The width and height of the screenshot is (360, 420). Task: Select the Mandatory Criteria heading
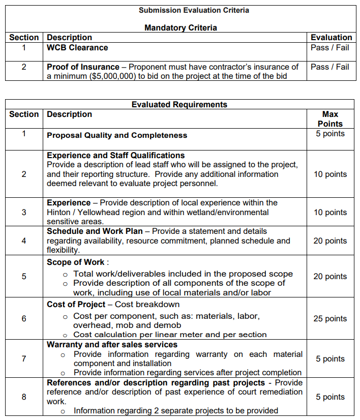(x=181, y=27)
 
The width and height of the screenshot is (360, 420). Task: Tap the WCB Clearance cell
(x=77, y=48)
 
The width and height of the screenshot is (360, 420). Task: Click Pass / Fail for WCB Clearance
(x=329, y=48)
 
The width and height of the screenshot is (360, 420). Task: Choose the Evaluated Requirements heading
(x=179, y=105)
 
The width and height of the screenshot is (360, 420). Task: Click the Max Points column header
(x=330, y=119)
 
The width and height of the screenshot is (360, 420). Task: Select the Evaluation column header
(x=331, y=38)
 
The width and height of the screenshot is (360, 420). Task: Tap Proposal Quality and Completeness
(x=117, y=135)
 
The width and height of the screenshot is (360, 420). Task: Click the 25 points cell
(x=330, y=319)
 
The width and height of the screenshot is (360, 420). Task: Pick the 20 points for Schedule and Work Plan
(x=330, y=241)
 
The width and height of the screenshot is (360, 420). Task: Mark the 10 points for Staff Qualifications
(x=330, y=174)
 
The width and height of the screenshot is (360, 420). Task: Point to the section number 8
(x=24, y=397)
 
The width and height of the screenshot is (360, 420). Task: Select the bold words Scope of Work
(x=75, y=262)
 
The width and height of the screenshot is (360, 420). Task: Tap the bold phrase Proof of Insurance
(x=83, y=67)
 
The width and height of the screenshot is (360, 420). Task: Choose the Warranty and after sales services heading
(x=112, y=345)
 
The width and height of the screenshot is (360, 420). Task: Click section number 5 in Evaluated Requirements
(x=24, y=276)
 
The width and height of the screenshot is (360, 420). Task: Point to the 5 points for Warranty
(x=330, y=359)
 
